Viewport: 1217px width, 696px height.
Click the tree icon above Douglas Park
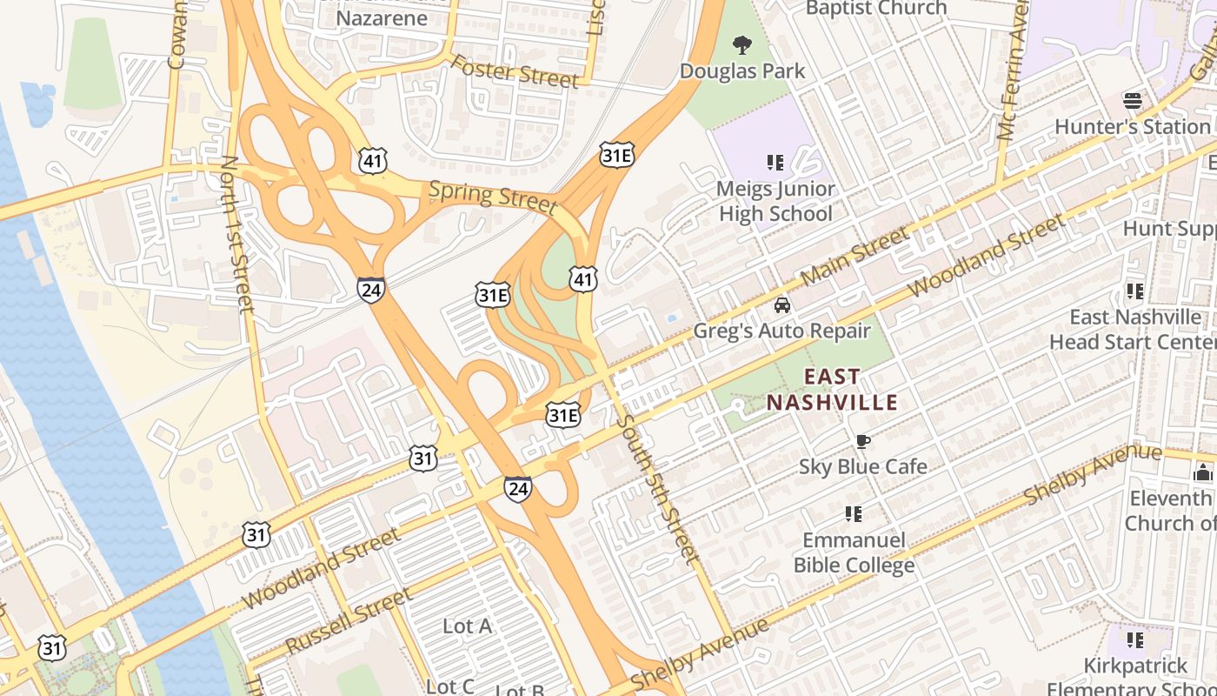click(742, 44)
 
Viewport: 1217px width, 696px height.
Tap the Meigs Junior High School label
click(775, 201)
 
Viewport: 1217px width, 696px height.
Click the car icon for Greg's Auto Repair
click(781, 305)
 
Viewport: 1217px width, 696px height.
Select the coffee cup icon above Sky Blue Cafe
click(862, 441)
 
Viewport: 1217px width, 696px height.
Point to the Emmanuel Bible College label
click(854, 552)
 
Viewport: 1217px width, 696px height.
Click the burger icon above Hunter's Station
click(1132, 100)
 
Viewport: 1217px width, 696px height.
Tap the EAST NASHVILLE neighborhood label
click(832, 390)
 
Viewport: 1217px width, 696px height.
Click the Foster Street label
click(513, 71)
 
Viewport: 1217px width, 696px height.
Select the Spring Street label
click(492, 197)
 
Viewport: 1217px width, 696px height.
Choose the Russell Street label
click(348, 621)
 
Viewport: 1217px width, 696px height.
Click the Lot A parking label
click(467, 626)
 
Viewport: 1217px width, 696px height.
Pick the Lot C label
click(450, 686)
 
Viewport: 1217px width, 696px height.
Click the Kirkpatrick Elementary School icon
click(1134, 640)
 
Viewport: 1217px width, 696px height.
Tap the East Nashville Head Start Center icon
click(1134, 291)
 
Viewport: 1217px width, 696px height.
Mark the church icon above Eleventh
click(1203, 472)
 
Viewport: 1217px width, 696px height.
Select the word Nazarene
click(382, 18)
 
